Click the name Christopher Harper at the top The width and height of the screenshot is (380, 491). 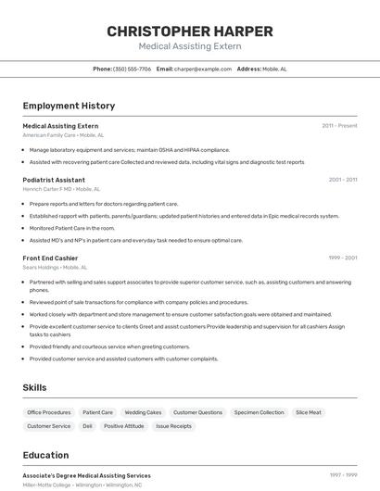(189, 31)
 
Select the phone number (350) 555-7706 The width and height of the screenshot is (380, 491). (132, 69)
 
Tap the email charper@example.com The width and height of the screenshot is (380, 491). (203, 69)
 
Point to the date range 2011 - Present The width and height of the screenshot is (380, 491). (339, 125)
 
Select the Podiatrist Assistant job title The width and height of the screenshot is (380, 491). (54, 180)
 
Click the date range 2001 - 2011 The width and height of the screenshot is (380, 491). (342, 180)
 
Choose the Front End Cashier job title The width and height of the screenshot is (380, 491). (50, 258)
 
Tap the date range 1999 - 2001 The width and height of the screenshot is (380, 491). (342, 258)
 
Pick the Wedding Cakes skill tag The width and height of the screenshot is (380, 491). (143, 412)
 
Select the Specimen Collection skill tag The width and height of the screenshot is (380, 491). (259, 412)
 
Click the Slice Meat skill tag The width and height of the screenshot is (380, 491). (309, 412)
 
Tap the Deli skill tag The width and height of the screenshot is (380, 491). (87, 426)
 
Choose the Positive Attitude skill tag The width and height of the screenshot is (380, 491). (123, 426)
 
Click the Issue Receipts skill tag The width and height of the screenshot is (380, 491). (173, 426)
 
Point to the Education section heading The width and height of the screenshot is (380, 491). (45, 455)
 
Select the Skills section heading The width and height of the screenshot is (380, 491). (34, 387)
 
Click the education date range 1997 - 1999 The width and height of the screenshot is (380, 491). (342, 474)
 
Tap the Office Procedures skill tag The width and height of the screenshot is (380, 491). (49, 412)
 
